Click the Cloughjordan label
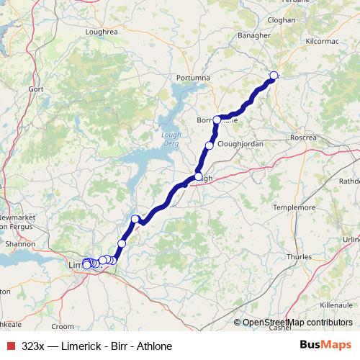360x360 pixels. pos(240,144)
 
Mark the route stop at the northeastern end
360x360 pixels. pos(274,76)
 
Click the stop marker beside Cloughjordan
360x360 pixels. pos(210,145)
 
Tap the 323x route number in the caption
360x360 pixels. pos(33,346)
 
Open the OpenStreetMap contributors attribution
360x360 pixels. pos(297,323)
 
